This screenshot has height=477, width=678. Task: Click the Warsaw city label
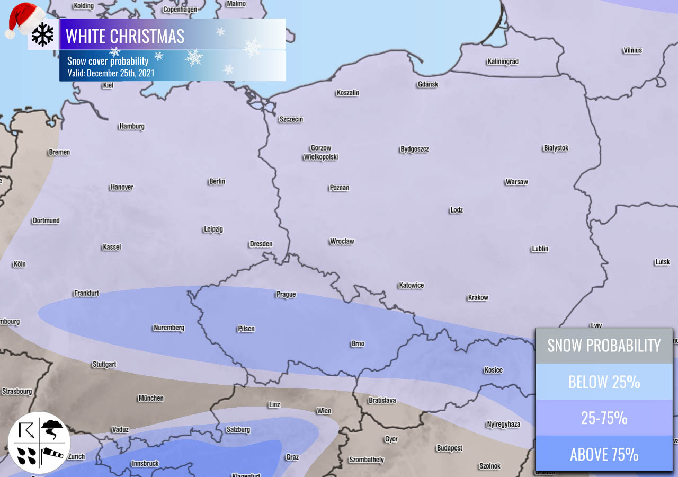[516, 182]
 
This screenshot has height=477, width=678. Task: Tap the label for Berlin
[217, 181]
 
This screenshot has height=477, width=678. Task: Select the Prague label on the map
[286, 294]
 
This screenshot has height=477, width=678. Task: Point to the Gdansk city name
[428, 84]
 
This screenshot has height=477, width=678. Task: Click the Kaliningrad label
[503, 61]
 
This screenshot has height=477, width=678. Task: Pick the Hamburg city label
[132, 126]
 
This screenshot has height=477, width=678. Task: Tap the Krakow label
[478, 297]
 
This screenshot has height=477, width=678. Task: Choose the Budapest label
[450, 448]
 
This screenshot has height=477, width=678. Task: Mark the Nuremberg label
[169, 328]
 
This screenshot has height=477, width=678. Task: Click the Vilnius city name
[632, 50]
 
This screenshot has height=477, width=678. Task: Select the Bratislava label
[382, 400]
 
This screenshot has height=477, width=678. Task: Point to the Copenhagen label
[180, 9]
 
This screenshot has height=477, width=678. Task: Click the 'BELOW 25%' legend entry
[604, 382]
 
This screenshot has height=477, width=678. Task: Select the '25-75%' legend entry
[604, 418]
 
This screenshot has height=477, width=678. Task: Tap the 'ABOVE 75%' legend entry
[604, 454]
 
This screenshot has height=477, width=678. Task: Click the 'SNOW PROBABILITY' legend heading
[604, 346]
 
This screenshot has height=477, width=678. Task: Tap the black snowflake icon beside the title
[43, 34]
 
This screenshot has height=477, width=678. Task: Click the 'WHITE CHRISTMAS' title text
[125, 36]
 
